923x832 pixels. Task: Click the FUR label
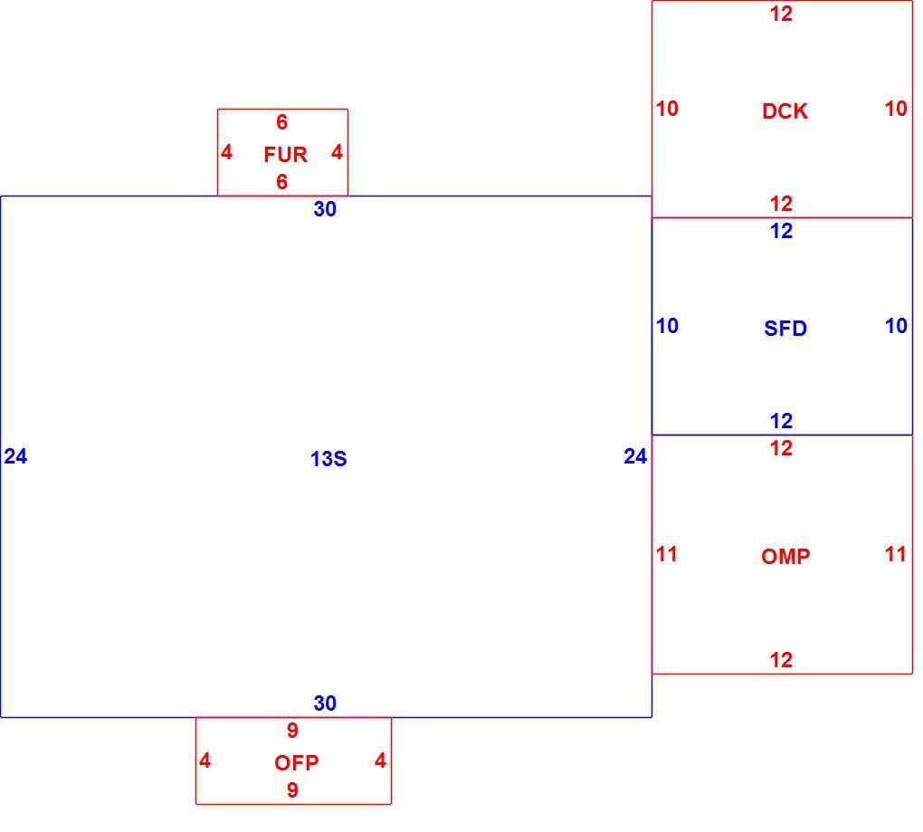285,155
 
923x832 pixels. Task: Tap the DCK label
785,111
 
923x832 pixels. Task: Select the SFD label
785,328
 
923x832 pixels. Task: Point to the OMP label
785,556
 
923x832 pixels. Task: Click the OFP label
296,763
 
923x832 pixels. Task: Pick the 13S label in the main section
328,459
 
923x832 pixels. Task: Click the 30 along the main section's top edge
325,209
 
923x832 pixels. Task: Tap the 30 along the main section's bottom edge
325,703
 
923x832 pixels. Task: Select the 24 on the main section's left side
15,456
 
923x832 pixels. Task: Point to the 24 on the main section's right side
635,456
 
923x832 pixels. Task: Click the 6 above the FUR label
282,122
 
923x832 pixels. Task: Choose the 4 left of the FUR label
226,152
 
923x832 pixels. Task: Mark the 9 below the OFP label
292,790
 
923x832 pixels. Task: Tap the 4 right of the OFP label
380,760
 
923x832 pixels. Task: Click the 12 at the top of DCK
781,14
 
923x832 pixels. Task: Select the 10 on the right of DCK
896,109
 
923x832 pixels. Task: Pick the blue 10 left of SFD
667,326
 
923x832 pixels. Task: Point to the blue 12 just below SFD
781,421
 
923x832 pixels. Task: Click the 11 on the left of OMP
666,554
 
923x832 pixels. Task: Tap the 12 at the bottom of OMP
781,660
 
